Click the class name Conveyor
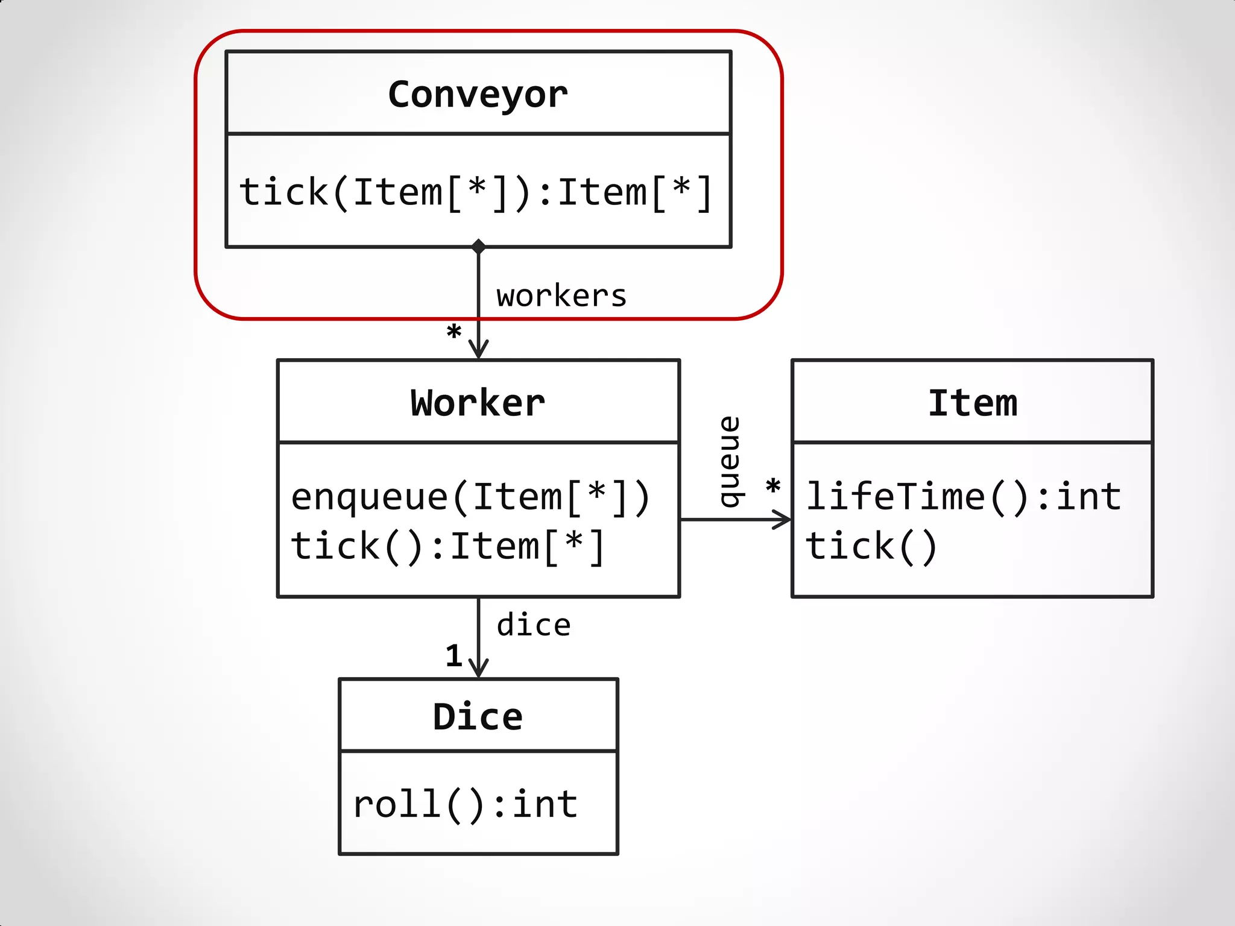[x=478, y=95]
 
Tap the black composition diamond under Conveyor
[x=478, y=246]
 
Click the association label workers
[x=561, y=296]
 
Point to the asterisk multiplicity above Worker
[x=453, y=332]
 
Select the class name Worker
[x=478, y=403]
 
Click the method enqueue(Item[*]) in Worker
[x=470, y=497]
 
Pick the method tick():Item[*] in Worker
[x=447, y=546]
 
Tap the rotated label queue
[x=730, y=462]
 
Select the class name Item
[x=972, y=403]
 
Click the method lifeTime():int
[x=964, y=497]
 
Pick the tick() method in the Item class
[x=871, y=546]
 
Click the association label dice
[x=534, y=625]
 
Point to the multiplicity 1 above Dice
[x=454, y=656]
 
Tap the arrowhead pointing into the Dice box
[x=478, y=670]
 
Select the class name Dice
[x=478, y=717]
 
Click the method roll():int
[x=466, y=804]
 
